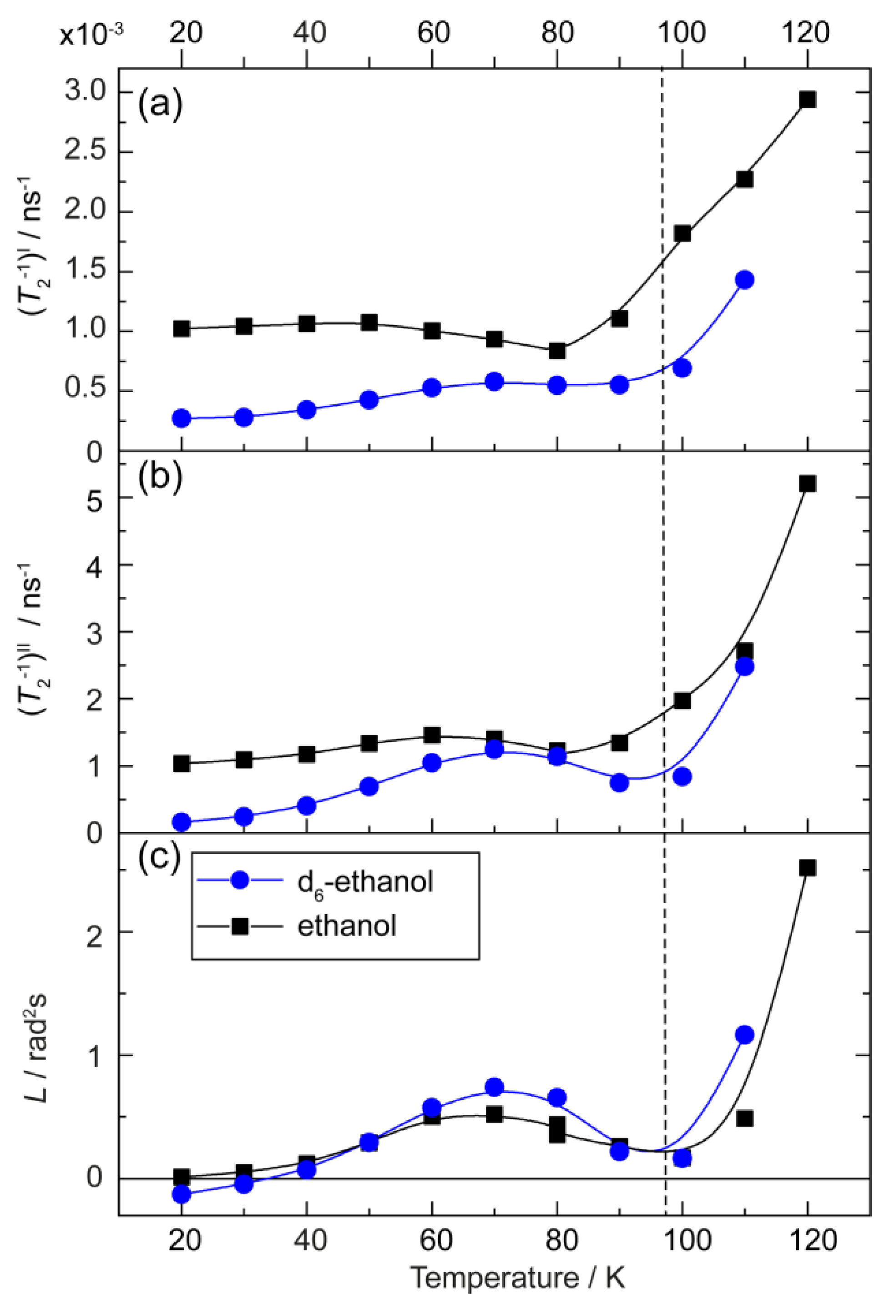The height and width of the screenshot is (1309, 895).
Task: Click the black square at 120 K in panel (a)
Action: click(x=807, y=100)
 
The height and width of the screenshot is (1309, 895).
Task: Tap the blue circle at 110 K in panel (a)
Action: click(x=744, y=280)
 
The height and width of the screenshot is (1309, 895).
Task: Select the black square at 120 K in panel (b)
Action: click(x=807, y=484)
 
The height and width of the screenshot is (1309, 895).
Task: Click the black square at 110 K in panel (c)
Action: click(x=744, y=1118)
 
